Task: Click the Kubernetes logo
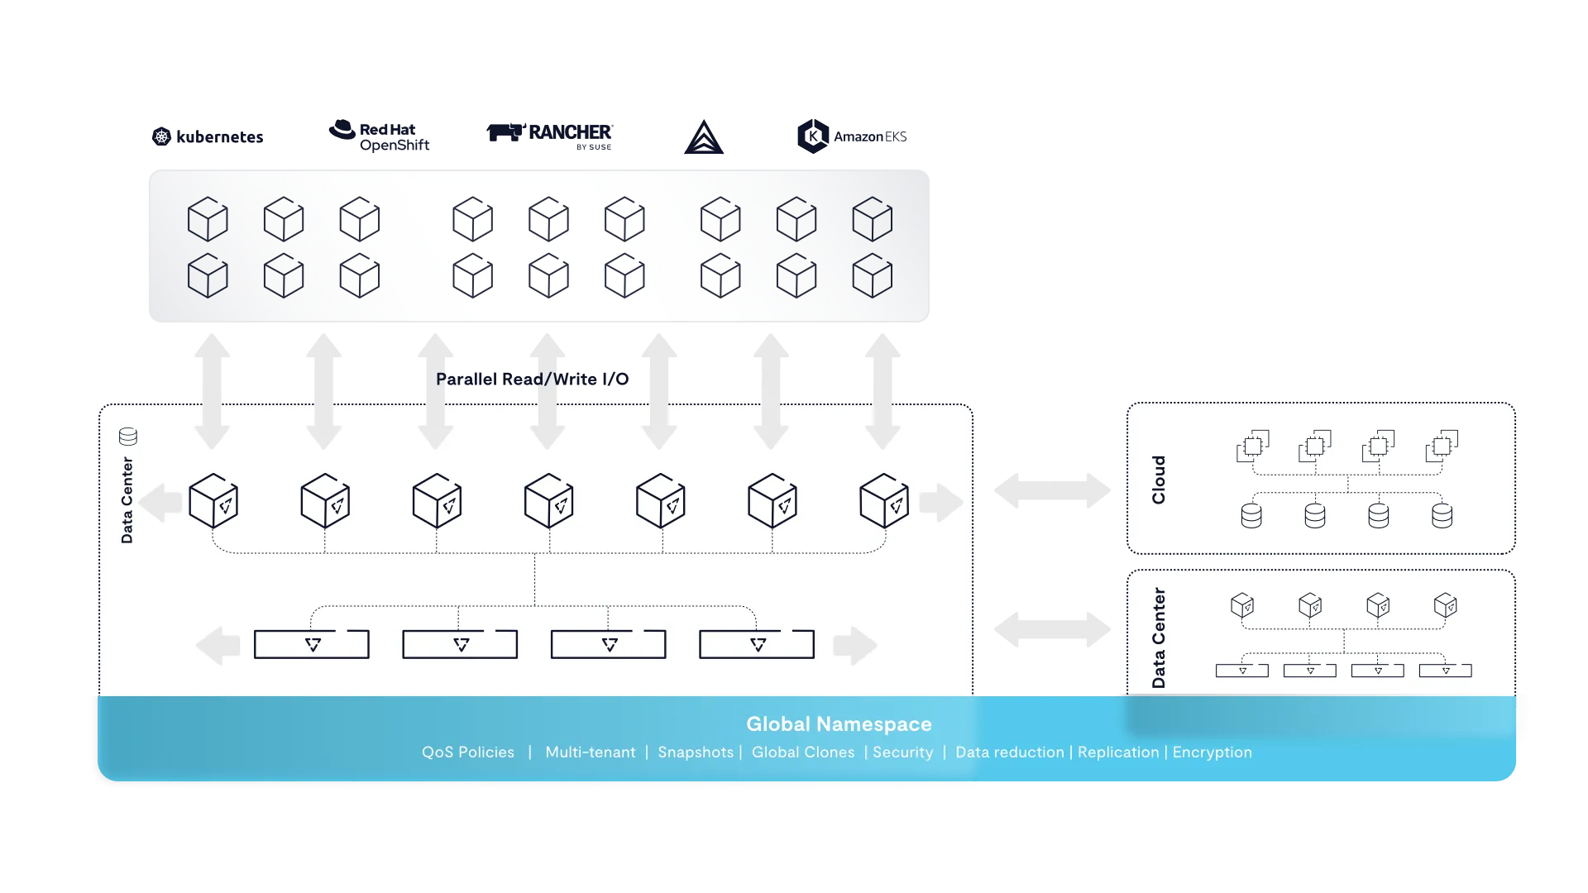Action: [x=208, y=136]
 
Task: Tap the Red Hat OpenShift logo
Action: [x=379, y=136]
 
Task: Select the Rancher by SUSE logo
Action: [x=550, y=136]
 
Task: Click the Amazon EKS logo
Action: [x=852, y=136]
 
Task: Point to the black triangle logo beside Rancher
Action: [x=704, y=137]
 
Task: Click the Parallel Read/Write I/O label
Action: [x=533, y=379]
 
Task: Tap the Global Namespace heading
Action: [x=839, y=723]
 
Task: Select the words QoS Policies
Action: [x=468, y=752]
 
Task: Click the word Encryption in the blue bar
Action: [x=1212, y=752]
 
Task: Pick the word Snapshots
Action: [x=696, y=752]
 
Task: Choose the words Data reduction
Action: [x=1010, y=752]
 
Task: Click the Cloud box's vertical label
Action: [x=1158, y=480]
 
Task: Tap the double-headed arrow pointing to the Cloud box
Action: [x=1052, y=490]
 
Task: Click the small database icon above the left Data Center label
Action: [x=128, y=436]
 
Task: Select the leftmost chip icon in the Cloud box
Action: [x=1252, y=446]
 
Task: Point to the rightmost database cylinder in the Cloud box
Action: [x=1442, y=516]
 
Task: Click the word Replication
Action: [x=1118, y=752]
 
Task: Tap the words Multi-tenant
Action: [x=591, y=752]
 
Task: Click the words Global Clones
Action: [x=803, y=752]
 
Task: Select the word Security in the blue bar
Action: [x=902, y=752]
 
